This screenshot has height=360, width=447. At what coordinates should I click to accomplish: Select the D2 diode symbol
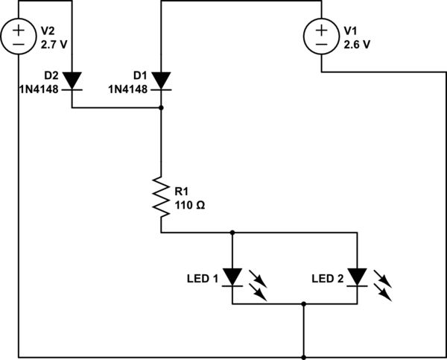pyautogui.click(x=72, y=80)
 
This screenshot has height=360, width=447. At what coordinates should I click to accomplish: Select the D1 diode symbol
pyautogui.click(x=161, y=80)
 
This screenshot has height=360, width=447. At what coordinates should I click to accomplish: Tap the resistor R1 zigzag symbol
pyautogui.click(x=161, y=195)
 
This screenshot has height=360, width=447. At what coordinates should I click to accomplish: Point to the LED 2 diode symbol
pyautogui.click(x=358, y=277)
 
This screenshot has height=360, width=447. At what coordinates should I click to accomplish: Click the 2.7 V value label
pyautogui.click(x=54, y=44)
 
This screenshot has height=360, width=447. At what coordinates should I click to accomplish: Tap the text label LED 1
pyautogui.click(x=203, y=280)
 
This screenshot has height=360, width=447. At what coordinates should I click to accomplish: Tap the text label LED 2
pyautogui.click(x=329, y=280)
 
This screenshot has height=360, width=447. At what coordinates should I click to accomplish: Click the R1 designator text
pyautogui.click(x=182, y=192)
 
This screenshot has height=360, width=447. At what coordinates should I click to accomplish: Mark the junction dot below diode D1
pyautogui.click(x=161, y=108)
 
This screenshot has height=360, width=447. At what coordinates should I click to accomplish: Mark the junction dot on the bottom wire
pyautogui.click(x=304, y=356)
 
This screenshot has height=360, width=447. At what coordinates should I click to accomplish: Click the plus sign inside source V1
pyautogui.click(x=321, y=30)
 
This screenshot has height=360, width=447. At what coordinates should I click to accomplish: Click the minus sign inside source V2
pyautogui.click(x=19, y=44)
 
